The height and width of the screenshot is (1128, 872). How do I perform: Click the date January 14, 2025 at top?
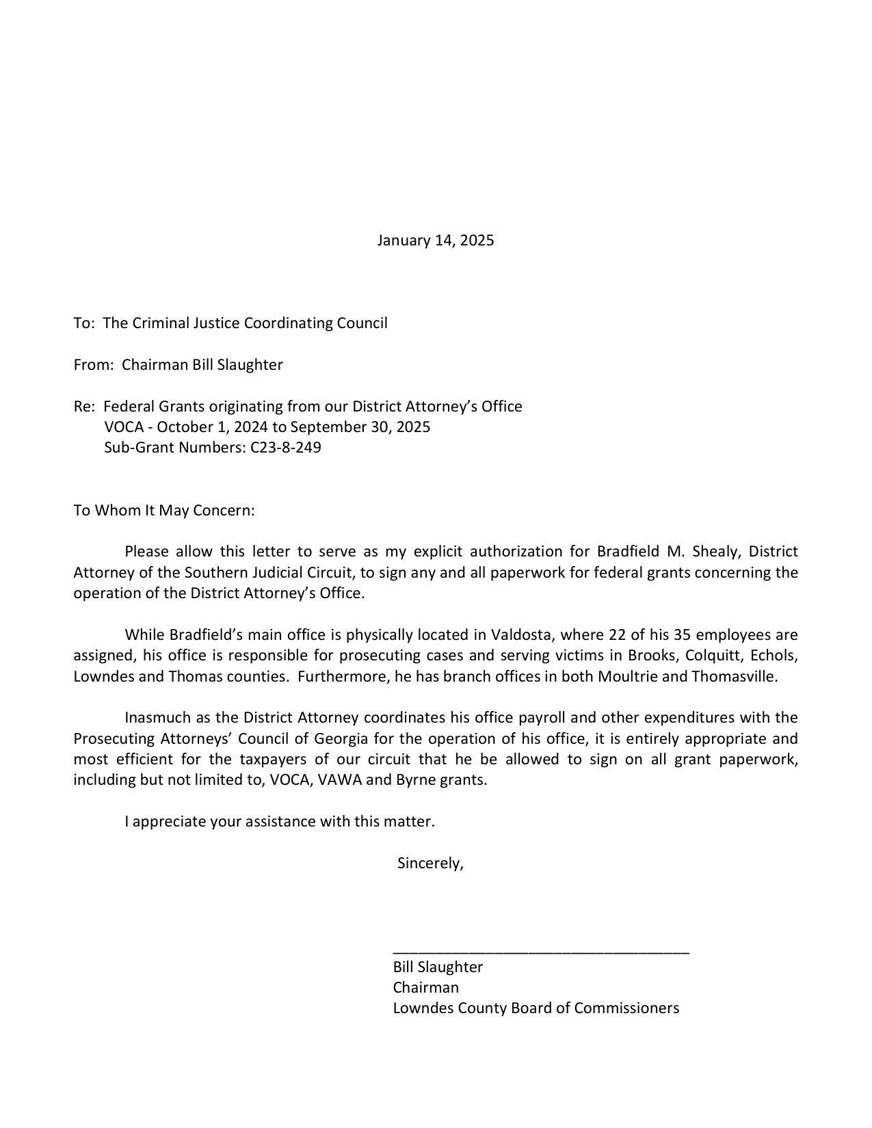coord(435,241)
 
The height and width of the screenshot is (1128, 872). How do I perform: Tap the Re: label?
coord(84,407)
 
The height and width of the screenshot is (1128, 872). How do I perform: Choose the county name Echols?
coord(774,656)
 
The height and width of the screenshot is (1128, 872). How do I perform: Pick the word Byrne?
coord(416,780)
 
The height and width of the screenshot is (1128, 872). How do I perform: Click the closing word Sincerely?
coord(430,863)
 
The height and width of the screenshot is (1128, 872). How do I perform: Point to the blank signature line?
coord(541,950)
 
